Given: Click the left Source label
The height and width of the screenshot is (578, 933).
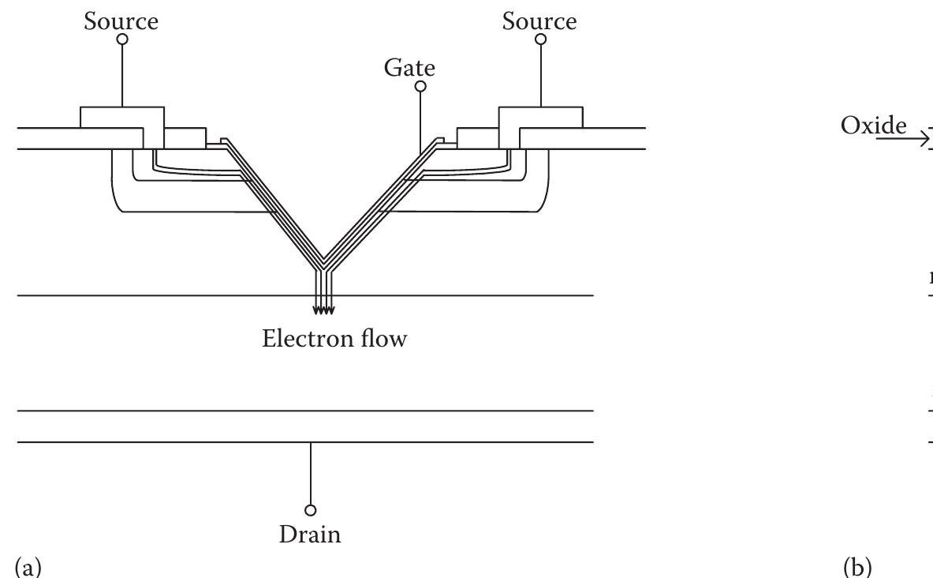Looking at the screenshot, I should click(121, 21).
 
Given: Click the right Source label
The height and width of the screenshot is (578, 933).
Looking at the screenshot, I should click(539, 21).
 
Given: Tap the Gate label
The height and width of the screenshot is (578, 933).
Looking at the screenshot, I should click(409, 68).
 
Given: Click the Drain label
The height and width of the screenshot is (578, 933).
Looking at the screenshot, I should click(310, 535).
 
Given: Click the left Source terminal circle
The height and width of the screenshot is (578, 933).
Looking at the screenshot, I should click(122, 39).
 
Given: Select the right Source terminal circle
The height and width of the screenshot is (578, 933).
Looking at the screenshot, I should click(540, 39).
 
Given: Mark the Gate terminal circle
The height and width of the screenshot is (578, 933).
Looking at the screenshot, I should click(420, 86).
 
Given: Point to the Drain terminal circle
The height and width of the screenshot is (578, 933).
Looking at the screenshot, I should click(311, 510).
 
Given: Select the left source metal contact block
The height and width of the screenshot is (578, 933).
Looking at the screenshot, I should click(122, 117).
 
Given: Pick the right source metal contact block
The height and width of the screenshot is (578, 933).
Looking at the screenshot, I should click(540, 117).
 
